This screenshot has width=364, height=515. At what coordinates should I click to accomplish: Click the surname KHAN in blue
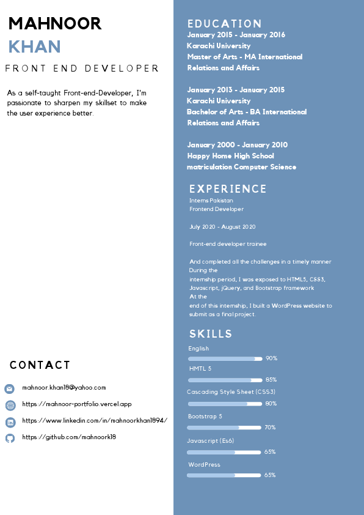[34, 46]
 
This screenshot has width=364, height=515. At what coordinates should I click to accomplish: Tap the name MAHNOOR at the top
[55, 23]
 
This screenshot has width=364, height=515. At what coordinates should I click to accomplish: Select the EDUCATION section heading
[224, 24]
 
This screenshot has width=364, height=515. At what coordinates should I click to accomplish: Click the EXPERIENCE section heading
[228, 189]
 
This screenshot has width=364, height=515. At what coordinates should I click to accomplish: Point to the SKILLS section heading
[211, 334]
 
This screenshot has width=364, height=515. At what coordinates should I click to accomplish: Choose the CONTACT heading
[40, 365]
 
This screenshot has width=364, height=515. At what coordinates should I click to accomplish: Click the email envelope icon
[10, 388]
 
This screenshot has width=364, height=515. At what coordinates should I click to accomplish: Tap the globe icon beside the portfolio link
[10, 405]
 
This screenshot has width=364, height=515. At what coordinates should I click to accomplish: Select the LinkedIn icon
[10, 422]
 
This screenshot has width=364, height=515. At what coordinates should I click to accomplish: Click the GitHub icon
[10, 438]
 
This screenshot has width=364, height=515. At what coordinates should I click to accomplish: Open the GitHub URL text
[69, 437]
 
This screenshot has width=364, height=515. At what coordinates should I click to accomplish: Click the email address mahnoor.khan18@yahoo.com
[64, 387]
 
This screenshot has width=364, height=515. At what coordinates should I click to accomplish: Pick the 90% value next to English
[271, 358]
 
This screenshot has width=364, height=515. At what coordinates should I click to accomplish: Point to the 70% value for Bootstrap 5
[270, 428]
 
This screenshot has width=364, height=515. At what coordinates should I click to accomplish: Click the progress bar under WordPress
[224, 475]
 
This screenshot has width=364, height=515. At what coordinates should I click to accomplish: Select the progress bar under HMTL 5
[225, 380]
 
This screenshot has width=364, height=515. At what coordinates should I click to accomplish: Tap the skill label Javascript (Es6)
[211, 440]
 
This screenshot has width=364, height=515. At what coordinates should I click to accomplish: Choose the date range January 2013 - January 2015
[236, 90]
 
